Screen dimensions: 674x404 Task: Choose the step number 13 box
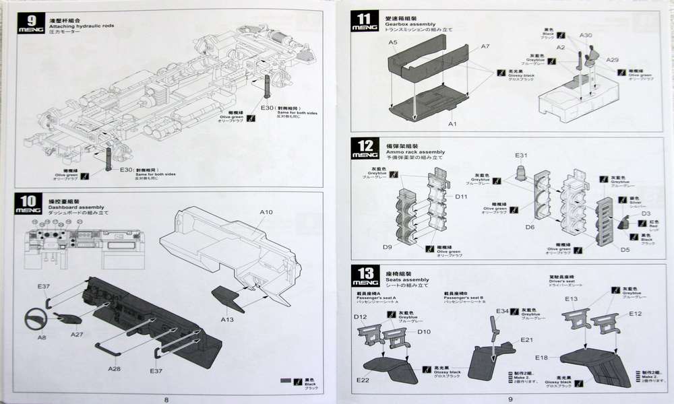click(x=364, y=277)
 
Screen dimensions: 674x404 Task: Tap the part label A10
click(x=266, y=213)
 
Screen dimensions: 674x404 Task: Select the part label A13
click(x=227, y=319)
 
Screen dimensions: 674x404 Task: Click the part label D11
click(x=461, y=197)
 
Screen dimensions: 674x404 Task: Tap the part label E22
click(x=362, y=380)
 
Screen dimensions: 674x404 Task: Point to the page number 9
click(x=510, y=398)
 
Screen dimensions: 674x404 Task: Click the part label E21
click(x=526, y=340)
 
